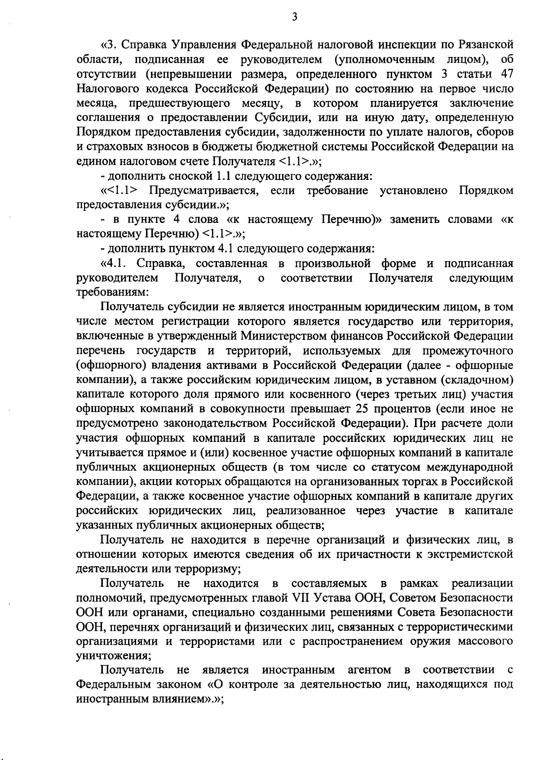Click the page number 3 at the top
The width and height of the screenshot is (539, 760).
295,17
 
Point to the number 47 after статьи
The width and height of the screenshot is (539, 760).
506,74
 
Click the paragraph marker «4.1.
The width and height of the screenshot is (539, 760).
116,263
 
